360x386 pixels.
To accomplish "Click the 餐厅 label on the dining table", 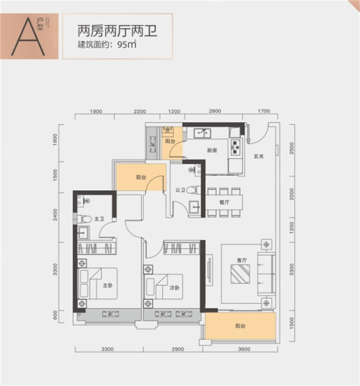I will [224, 202].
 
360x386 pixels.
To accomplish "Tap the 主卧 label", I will [107, 285].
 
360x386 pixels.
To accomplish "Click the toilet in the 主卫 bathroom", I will [84, 219].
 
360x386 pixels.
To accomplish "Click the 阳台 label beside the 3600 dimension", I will [240, 327].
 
